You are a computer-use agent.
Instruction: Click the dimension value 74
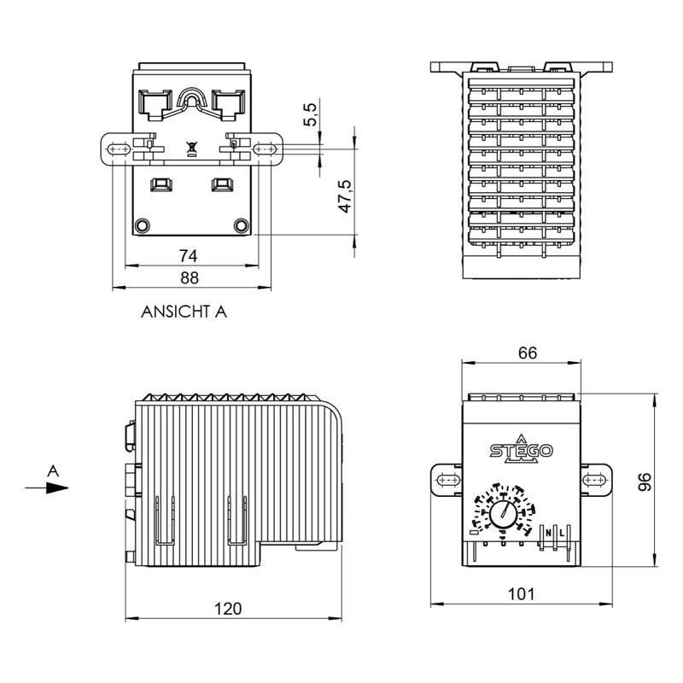click(189, 254)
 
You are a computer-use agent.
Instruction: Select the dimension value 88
click(189, 277)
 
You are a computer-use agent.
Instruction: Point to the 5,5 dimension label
click(312, 114)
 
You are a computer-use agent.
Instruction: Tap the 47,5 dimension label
click(346, 196)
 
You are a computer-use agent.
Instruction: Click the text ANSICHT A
click(184, 312)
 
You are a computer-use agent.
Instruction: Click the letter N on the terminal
click(549, 534)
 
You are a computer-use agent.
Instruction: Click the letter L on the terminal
click(562, 534)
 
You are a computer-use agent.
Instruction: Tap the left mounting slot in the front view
click(447, 482)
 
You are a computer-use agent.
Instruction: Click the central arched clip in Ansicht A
click(192, 104)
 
